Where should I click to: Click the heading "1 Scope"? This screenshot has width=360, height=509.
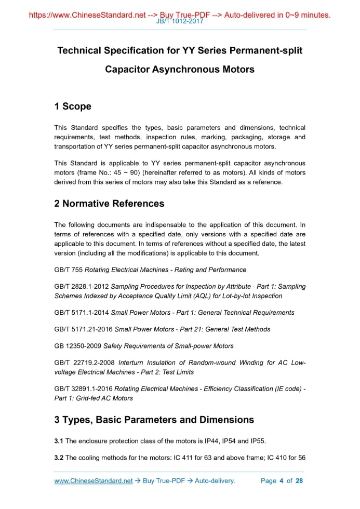73,106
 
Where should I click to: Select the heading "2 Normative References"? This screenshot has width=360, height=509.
109,204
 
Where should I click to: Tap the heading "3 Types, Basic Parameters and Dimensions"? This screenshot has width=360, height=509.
154,420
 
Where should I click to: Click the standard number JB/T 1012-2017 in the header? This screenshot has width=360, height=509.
180,21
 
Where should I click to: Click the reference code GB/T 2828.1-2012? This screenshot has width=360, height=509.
81,287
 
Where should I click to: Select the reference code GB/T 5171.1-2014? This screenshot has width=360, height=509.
81,313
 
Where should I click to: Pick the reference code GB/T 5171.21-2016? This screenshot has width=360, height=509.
83,329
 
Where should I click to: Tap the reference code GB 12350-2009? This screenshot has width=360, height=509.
78,346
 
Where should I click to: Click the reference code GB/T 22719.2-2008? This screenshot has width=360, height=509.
84,363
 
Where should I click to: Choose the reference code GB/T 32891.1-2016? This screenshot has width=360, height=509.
83,389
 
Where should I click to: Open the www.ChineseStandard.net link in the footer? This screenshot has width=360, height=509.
94,481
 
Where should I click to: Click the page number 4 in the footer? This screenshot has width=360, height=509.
281,481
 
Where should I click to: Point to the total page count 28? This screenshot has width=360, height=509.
299,481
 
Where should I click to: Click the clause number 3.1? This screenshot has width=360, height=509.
59,441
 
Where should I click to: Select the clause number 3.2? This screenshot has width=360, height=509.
59,458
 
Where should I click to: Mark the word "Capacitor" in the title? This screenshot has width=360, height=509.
127,69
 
